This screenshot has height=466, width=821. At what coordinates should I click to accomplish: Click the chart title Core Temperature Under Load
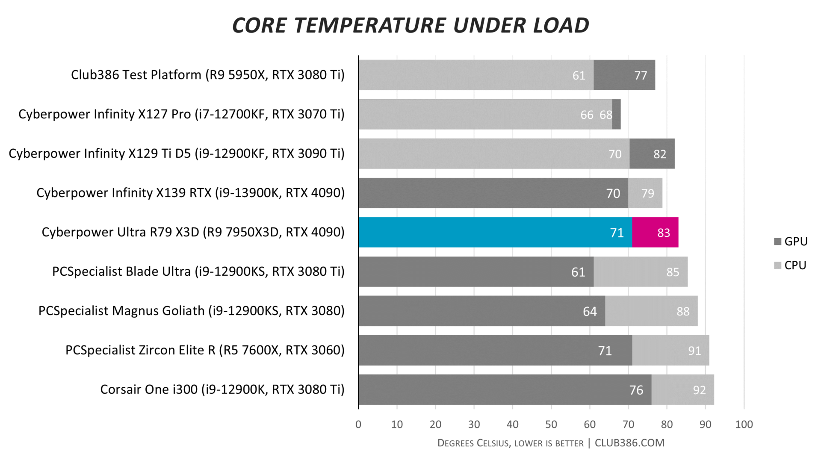(410, 25)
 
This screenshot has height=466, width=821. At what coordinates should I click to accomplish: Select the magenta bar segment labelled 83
(655, 232)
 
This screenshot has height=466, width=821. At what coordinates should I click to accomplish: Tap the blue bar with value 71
(495, 232)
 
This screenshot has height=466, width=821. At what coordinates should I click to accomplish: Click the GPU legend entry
(791, 242)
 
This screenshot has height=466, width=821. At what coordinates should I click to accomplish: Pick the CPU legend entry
(791, 265)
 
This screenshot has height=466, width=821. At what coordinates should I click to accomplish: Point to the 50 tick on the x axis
(551, 425)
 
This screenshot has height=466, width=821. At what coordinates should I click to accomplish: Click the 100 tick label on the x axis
(744, 425)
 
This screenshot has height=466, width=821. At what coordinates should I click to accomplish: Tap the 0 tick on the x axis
(358, 425)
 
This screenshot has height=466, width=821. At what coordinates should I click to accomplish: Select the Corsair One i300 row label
(222, 389)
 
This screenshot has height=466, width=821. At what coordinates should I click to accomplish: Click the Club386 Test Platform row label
(207, 75)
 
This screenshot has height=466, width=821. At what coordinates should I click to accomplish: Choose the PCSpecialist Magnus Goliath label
(191, 311)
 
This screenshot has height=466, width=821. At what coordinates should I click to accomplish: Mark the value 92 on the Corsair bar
(699, 390)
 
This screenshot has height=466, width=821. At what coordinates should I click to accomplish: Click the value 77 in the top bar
(640, 76)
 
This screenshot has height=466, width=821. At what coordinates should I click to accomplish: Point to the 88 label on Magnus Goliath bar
(683, 312)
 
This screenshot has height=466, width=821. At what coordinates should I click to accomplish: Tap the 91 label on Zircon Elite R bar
(694, 351)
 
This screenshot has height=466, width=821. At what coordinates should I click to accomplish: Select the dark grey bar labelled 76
(505, 389)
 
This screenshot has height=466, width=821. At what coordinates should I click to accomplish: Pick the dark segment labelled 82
(652, 154)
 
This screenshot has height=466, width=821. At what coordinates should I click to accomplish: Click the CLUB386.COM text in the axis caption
(629, 443)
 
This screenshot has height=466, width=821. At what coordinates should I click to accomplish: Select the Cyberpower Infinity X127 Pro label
(181, 114)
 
